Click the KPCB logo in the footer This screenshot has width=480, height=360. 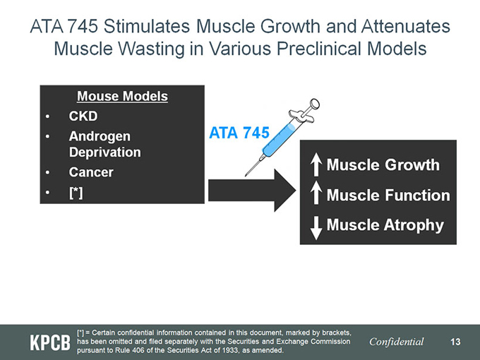click(x=50, y=342)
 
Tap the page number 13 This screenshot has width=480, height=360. click(x=455, y=342)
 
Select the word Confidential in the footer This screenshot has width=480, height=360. click(x=397, y=342)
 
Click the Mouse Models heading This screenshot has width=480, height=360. click(x=122, y=96)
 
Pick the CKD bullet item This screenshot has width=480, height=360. click(x=83, y=116)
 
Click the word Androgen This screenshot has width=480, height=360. click(x=100, y=136)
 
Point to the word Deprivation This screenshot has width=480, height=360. click(x=105, y=152)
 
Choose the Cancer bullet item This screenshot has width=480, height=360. click(x=91, y=172)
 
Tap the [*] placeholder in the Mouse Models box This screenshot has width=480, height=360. click(x=76, y=193)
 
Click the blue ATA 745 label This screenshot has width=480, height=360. click(x=239, y=133)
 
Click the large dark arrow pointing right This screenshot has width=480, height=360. click(x=252, y=190)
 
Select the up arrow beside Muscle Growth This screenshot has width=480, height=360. click(x=316, y=164)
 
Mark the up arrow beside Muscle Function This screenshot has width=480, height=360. click(x=316, y=192)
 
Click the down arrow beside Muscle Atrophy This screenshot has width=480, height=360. click(x=316, y=228)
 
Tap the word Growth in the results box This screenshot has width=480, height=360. click(x=412, y=164)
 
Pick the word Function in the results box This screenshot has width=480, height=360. click(x=417, y=196)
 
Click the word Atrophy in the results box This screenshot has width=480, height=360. click(x=414, y=226)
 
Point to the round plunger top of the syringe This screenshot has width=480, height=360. click(x=314, y=104)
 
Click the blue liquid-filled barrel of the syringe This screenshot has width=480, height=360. click(x=279, y=140)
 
